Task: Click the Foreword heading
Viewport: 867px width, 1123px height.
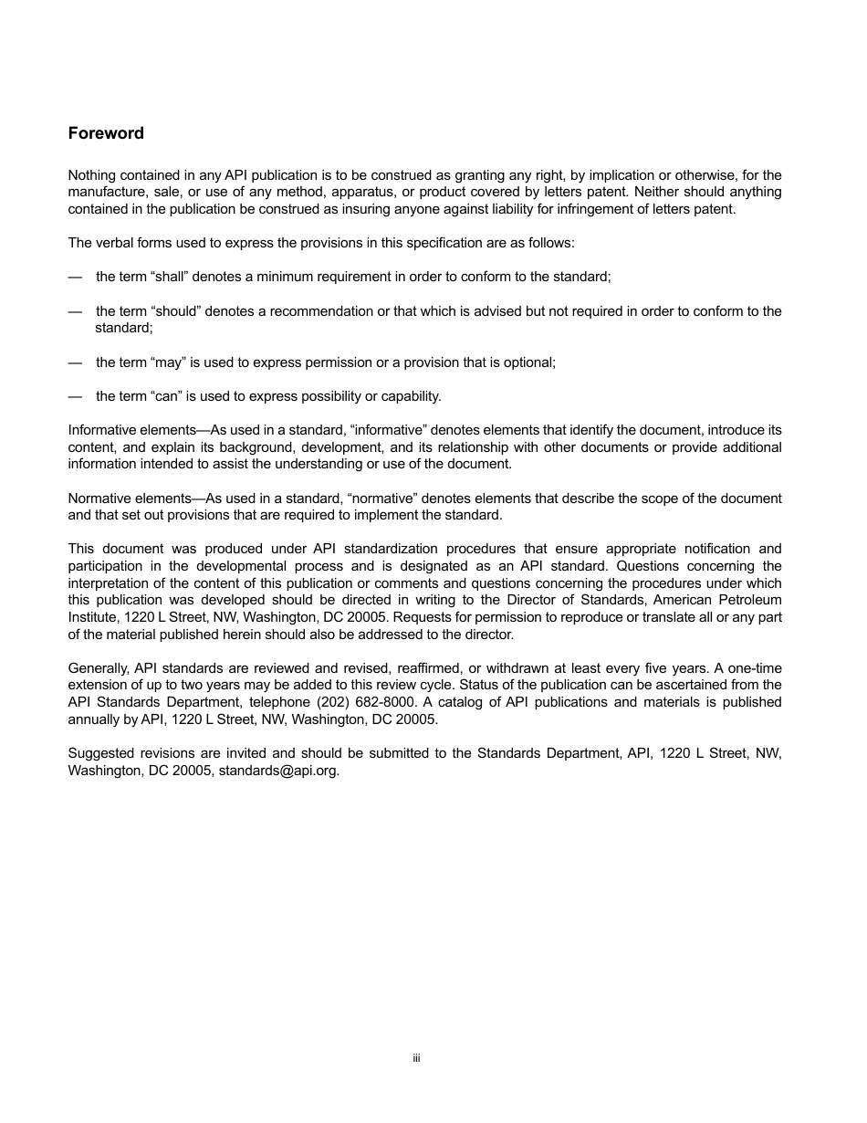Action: pyautogui.click(x=106, y=133)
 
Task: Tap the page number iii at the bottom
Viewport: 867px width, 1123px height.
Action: pyautogui.click(x=415, y=1058)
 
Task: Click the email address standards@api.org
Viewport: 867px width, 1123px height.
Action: pyautogui.click(x=278, y=770)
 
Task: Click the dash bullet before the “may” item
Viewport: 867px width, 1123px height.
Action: pyautogui.click(x=75, y=362)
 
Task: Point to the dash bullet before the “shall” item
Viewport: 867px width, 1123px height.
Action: pyautogui.click(x=75, y=276)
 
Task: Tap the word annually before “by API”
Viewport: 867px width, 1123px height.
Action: pyautogui.click(x=96, y=719)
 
